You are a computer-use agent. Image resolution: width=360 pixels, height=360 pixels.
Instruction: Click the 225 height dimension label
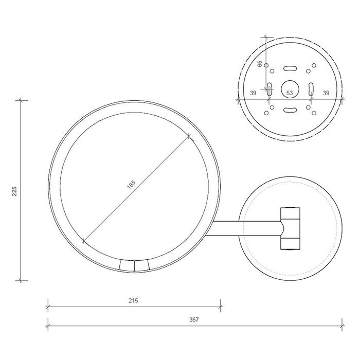[15, 191]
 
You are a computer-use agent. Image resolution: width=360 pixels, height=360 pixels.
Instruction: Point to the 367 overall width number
[193, 319]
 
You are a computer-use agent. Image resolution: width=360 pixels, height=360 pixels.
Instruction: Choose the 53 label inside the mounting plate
[289, 93]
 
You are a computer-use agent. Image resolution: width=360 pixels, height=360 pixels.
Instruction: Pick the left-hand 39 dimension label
[253, 93]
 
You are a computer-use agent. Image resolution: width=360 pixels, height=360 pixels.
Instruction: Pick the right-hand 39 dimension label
[326, 93]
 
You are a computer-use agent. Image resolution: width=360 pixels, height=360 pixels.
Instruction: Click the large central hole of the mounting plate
[289, 88]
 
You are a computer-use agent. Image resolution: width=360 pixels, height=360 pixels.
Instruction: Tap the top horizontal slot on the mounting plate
[289, 67]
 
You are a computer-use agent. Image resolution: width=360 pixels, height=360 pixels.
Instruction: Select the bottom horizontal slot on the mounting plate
[289, 109]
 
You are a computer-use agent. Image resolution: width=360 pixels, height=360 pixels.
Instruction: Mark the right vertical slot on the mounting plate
[310, 88]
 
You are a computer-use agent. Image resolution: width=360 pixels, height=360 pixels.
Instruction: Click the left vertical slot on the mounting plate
[268, 88]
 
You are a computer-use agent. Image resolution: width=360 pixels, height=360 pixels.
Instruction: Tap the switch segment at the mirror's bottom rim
[134, 265]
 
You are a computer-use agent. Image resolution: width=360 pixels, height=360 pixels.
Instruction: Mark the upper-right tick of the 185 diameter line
[189, 136]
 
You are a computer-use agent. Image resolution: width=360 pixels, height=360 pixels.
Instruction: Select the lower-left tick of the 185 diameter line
[83, 240]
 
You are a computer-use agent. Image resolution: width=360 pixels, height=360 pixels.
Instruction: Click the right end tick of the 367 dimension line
[344, 325]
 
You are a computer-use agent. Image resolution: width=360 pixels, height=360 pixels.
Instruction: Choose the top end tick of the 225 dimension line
[21, 100]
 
